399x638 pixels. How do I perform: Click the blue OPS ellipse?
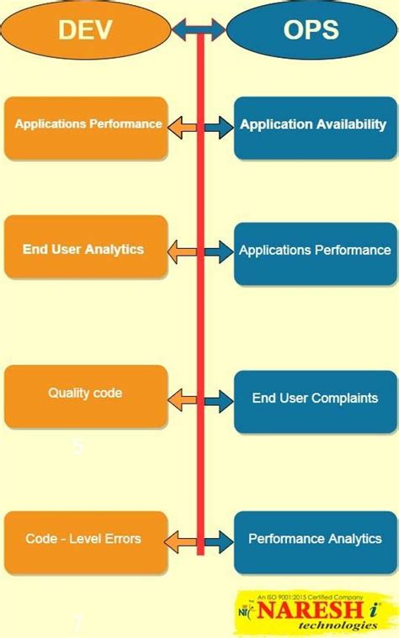pyautogui.click(x=311, y=31)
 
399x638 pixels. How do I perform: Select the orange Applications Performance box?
pyautogui.click(x=86, y=128)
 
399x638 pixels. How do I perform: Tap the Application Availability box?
pyautogui.click(x=313, y=128)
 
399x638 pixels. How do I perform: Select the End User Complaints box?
pyautogui.click(x=313, y=401)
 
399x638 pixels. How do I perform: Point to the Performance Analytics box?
pyautogui.click(x=313, y=541)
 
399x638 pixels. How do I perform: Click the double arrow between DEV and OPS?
pyautogui.click(x=199, y=31)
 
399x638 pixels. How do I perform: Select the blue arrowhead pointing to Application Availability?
pyautogui.click(x=221, y=129)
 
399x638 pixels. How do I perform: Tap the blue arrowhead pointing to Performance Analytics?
pyautogui.click(x=221, y=541)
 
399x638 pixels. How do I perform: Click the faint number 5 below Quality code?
pyautogui.click(x=77, y=446)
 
